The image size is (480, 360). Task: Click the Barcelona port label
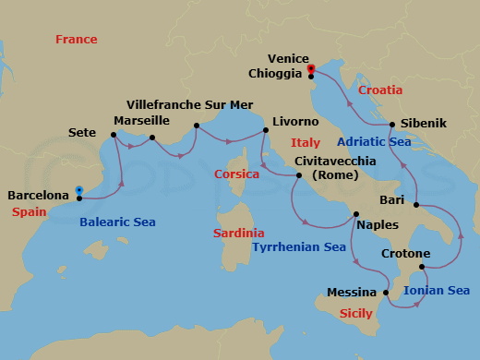(x=38, y=196)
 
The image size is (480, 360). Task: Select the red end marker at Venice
(x=311, y=67)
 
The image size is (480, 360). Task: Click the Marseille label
(x=141, y=121)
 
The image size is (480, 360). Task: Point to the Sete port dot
(x=114, y=135)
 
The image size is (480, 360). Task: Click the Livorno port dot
(x=266, y=131)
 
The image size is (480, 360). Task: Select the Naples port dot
(x=355, y=215)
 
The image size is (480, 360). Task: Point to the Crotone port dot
(x=422, y=268)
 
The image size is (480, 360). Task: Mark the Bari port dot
(x=417, y=205)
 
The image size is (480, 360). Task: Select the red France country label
(x=76, y=40)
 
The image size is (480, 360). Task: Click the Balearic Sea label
(x=117, y=222)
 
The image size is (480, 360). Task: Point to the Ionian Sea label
(x=437, y=291)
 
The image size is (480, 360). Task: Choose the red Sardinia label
(x=238, y=234)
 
